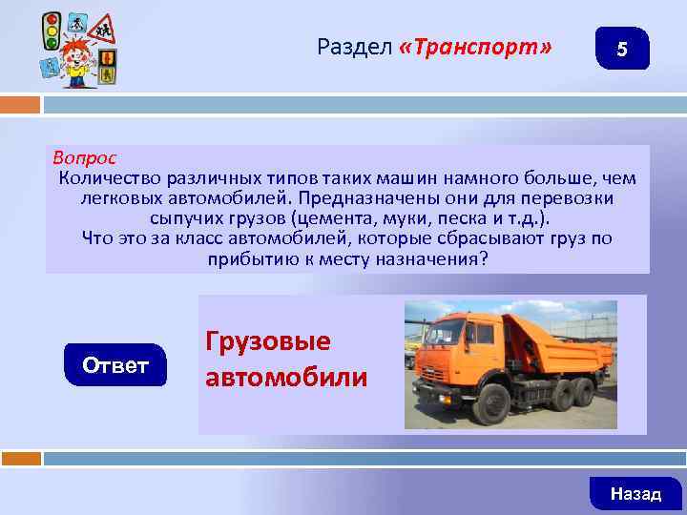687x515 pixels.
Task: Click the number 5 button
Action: click(x=621, y=49)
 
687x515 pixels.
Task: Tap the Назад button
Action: click(x=635, y=493)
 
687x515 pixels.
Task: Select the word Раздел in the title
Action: click(x=354, y=48)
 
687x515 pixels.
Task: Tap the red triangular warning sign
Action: click(x=102, y=31)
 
